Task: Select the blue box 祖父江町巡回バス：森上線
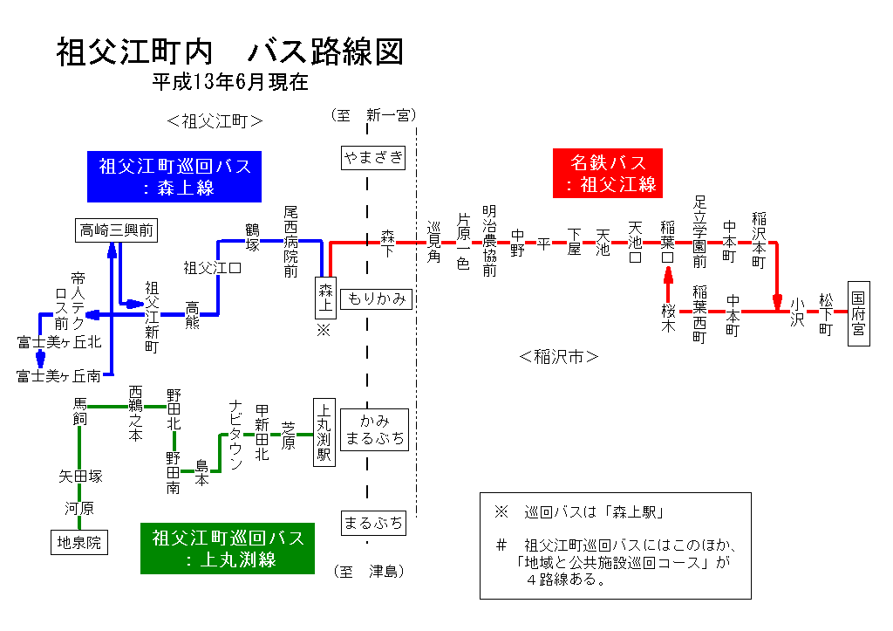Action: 175,175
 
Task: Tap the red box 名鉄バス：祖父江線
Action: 609,173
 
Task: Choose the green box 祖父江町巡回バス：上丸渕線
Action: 228,548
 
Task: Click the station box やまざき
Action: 373,157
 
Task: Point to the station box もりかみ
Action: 377,298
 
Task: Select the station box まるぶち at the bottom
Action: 373,523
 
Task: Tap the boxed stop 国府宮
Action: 858,313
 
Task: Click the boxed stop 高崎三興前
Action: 116,230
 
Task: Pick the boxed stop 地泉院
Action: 79,543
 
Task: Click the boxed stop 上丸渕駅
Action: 324,432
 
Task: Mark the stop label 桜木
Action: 668,317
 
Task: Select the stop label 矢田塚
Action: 80,477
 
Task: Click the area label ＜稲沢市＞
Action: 558,356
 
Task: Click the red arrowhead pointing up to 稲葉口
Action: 668,273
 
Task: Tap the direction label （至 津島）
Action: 370,572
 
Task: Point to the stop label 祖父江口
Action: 212,267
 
